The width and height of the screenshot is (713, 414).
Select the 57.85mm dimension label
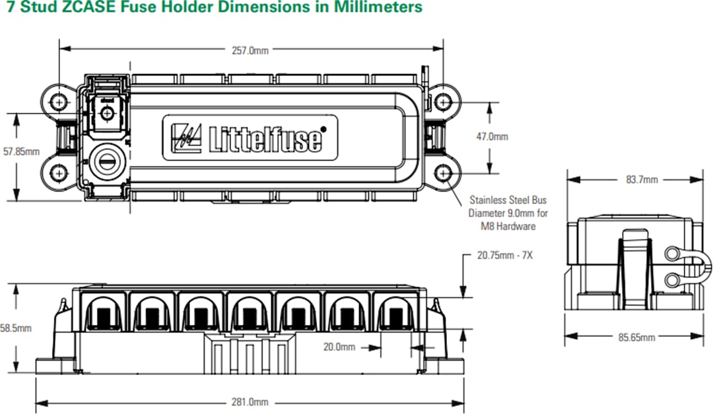(x=21, y=151)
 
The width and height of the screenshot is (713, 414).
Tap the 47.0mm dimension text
(x=492, y=137)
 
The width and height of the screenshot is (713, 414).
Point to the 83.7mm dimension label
(x=642, y=180)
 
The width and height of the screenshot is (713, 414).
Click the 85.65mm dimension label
(x=636, y=337)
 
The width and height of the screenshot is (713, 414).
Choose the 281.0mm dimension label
(x=251, y=401)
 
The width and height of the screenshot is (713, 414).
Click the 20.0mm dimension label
(x=339, y=347)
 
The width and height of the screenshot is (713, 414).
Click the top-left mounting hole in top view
(x=60, y=102)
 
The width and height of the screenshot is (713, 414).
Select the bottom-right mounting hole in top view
(x=444, y=173)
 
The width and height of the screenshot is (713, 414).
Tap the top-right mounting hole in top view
(x=444, y=102)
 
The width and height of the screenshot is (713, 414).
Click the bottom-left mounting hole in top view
(x=60, y=173)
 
